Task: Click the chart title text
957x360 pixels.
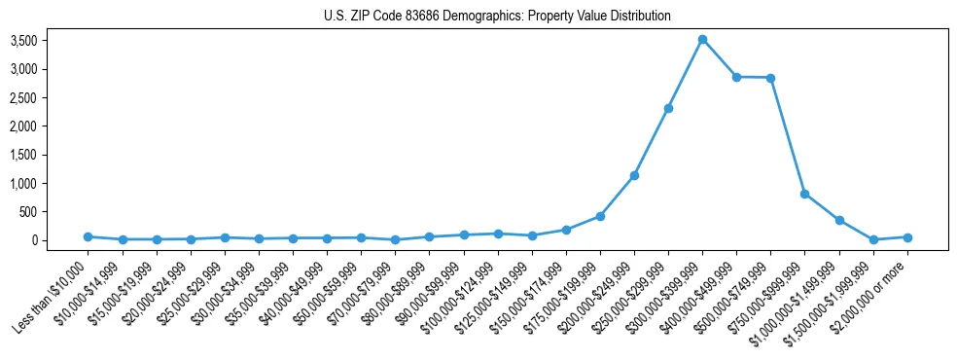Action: pos(497,17)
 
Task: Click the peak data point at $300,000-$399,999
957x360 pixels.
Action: pos(702,40)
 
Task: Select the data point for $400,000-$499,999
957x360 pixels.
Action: pos(736,77)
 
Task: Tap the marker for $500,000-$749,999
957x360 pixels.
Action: pos(770,78)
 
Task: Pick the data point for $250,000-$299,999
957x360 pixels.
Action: pos(668,108)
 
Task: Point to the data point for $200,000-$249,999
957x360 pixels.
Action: pos(634,175)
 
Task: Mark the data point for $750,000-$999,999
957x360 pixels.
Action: pos(804,194)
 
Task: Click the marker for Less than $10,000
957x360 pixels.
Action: pos(88,236)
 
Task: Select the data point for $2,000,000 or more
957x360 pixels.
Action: pos(907,237)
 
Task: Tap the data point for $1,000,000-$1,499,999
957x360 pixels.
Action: pos(838,220)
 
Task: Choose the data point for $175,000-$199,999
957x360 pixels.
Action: pos(600,216)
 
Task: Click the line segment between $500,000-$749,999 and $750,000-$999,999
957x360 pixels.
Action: pos(788,136)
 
